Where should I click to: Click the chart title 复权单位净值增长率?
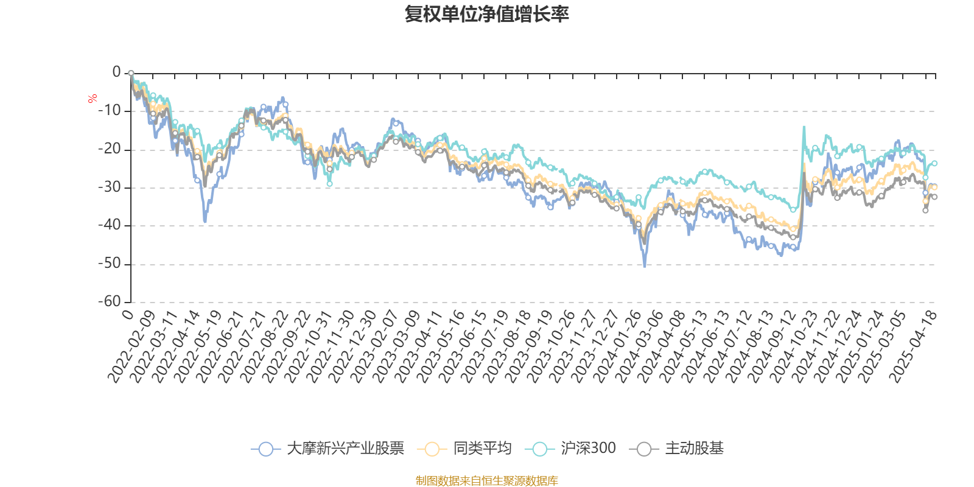click(487, 14)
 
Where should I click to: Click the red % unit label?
click(93, 99)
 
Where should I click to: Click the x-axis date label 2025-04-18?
click(913, 346)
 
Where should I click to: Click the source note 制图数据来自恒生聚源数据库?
click(487, 481)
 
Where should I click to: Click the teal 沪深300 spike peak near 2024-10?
click(804, 127)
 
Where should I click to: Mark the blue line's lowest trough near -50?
click(645, 266)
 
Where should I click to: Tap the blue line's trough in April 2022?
click(205, 222)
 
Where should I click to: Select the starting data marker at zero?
click(131, 73)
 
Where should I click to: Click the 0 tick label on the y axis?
click(116, 72)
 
